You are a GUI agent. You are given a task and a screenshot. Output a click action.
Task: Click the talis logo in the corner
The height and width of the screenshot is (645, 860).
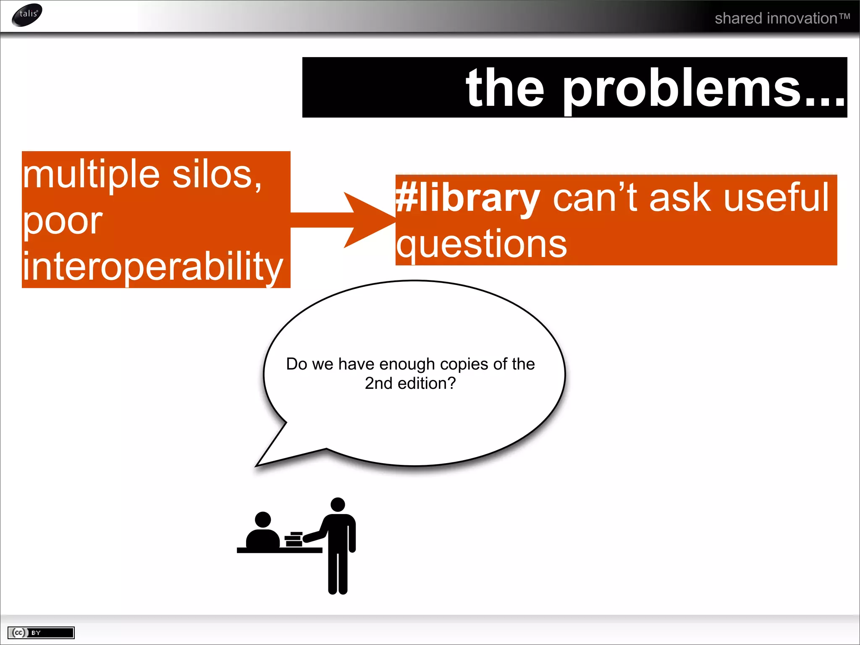[x=27, y=15]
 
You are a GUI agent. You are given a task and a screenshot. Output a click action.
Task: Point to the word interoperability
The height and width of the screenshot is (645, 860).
[x=153, y=266]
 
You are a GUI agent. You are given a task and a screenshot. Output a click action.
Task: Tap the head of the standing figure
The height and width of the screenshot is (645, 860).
[x=338, y=505]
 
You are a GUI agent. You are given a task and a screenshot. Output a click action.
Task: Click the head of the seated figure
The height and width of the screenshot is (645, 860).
[x=263, y=519]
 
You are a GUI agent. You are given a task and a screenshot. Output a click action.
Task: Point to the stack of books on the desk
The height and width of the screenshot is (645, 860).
[x=294, y=539]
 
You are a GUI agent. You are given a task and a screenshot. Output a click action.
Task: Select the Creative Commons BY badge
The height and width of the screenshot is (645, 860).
[x=41, y=632]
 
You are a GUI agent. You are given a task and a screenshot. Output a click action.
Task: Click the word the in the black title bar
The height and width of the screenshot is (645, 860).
[x=505, y=89]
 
